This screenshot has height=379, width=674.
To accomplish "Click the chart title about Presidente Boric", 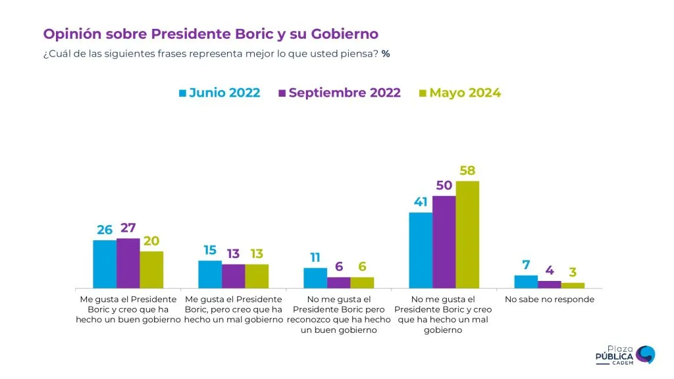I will pos(211,34).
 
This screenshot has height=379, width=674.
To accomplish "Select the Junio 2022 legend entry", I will pos(220,93).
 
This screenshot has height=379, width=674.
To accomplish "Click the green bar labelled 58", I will pos(467,234).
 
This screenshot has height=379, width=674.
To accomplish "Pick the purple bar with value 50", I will pos(444,241).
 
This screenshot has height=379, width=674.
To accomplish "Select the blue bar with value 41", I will pos(421,250).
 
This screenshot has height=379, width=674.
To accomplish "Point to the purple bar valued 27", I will pos(128,263).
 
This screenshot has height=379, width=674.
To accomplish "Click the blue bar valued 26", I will pos(105,264).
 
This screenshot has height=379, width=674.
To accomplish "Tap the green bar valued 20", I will pos(151,270).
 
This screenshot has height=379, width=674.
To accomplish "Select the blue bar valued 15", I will pos(210,274).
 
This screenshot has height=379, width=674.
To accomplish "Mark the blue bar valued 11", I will pos(315,278).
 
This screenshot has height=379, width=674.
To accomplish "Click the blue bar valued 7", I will pos(526,282).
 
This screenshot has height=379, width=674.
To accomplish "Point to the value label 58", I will pos(467,171).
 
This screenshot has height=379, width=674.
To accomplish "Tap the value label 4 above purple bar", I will pos(549,270).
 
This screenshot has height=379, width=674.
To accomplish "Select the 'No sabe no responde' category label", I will pos(549,299).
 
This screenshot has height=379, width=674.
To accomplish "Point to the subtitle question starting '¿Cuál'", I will pos(217,53).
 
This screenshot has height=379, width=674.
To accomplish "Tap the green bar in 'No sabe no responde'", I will pos(573,285).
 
